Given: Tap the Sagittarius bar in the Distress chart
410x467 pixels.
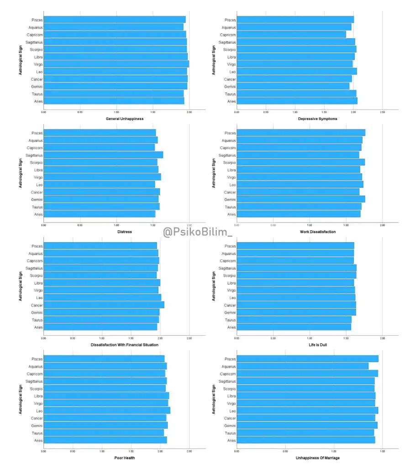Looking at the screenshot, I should pos(103,155).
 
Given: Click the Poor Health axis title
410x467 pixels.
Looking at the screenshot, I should pos(124,457).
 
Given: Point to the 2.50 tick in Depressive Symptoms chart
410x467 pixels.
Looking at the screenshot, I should pos(383,112).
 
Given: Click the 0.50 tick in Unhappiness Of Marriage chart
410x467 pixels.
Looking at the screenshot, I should pos(285,451).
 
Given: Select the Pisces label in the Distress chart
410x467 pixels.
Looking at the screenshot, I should pos(37,133).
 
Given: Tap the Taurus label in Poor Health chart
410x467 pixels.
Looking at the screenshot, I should pos(37,433).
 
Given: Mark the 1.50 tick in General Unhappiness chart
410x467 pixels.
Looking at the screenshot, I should pos(153,112).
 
